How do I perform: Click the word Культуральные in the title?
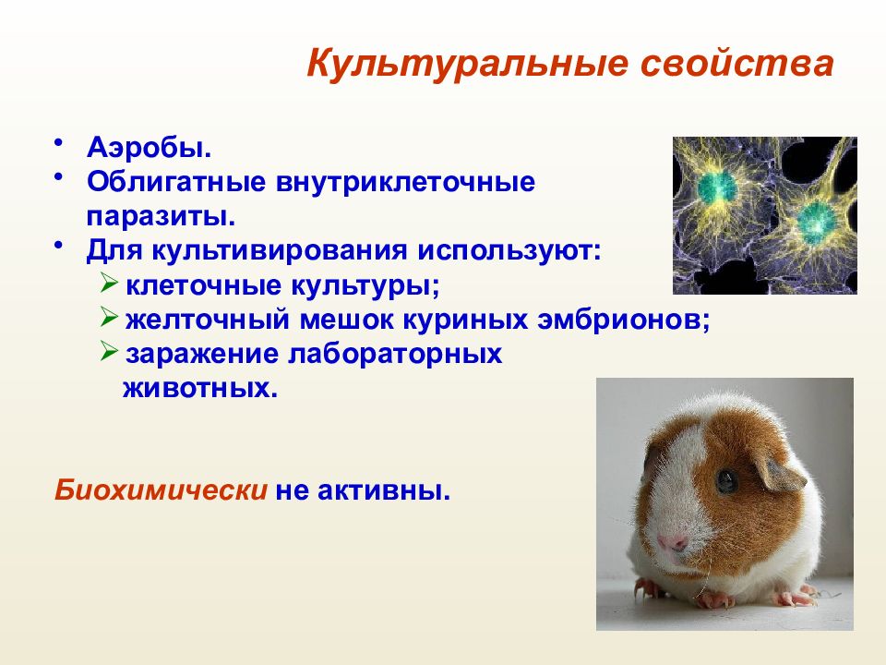[x=467, y=65]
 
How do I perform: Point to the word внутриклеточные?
[x=405, y=182]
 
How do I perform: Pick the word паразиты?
[x=161, y=217]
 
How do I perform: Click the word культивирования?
[x=279, y=251]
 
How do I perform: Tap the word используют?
[x=509, y=251]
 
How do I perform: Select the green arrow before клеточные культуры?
[x=109, y=283]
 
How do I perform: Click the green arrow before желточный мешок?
[x=109, y=317]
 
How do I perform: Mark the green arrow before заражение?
[x=109, y=351]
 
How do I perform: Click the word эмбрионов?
[x=623, y=320]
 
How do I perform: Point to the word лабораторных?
[x=395, y=355]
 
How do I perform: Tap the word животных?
[x=200, y=389]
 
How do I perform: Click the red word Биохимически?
[x=161, y=490]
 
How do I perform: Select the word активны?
[x=384, y=490]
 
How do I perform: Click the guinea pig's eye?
[x=726, y=481]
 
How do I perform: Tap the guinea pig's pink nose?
[x=673, y=543]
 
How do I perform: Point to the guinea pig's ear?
[x=781, y=474]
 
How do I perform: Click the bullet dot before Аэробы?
[x=57, y=143]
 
